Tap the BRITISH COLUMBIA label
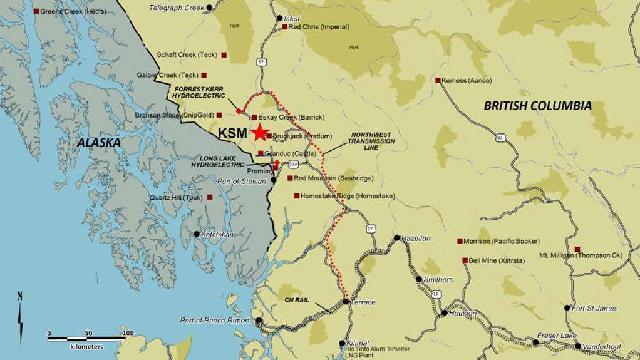pos(537,106)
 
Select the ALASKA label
pos(98,143)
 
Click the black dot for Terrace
pos(346,302)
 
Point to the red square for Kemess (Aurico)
pos(438,80)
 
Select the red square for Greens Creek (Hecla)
pos(36,11)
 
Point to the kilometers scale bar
pos(88,339)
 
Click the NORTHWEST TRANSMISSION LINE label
pos(373,141)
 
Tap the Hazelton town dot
pos(397,238)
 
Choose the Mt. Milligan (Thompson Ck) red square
pos(577,249)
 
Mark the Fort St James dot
pos(567,308)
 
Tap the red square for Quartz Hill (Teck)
pos(210,197)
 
